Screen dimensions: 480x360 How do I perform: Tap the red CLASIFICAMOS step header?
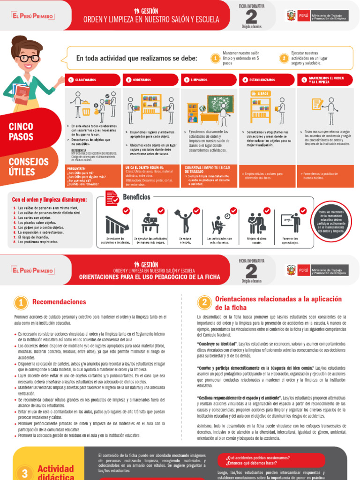pyautogui.click(x=93, y=80)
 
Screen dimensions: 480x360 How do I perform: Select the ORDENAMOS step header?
pyautogui.click(x=150, y=80)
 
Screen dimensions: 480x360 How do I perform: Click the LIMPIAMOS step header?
pyautogui.click(x=209, y=80)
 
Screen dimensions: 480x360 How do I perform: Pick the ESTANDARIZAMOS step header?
pyautogui.click(x=267, y=80)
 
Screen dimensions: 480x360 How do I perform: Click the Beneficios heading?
pyautogui.click(x=136, y=197)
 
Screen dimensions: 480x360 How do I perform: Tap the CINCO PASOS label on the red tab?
pyautogui.click(x=21, y=132)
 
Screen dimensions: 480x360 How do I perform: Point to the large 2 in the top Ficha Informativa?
pyautogui.click(x=252, y=17)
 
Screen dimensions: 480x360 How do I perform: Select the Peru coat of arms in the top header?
pyautogui.click(x=291, y=16)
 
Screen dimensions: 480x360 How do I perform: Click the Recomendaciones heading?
pyautogui.click(x=59, y=302)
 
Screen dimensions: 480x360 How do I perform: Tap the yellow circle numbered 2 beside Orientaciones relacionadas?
pyautogui.click(x=204, y=303)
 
